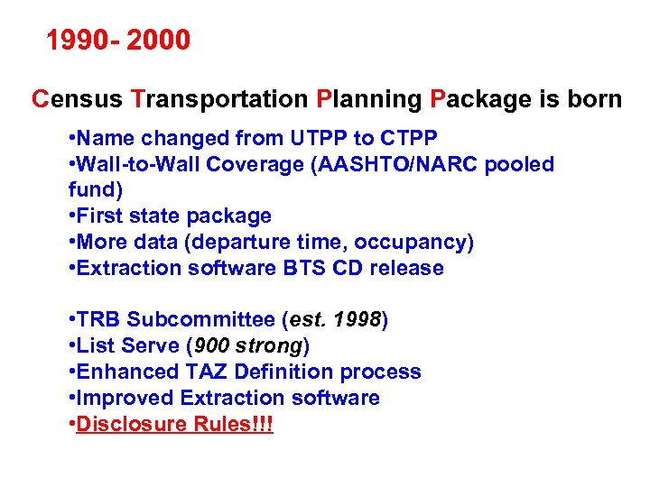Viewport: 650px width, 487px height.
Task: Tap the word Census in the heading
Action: coord(78,99)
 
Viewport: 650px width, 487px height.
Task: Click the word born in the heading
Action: coord(594,99)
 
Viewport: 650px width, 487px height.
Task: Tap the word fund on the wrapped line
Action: coord(91,190)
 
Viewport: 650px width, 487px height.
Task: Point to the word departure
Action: coord(254,243)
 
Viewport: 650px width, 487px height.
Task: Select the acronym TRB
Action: coord(98,320)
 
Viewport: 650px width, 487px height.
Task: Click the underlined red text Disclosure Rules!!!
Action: coord(174,425)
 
